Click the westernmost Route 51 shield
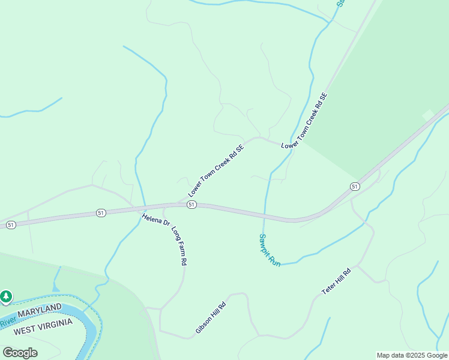click(11, 224)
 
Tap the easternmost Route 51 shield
click(355, 187)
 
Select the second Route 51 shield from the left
click(101, 213)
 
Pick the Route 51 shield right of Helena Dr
click(191, 205)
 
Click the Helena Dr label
click(156, 219)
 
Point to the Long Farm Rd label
click(179, 246)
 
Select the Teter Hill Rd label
click(336, 280)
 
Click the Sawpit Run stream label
click(270, 250)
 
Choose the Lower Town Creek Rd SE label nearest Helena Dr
click(216, 171)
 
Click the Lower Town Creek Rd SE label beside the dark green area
click(305, 121)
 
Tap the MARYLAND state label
click(40, 311)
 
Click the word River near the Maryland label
click(7, 323)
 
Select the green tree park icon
click(6, 296)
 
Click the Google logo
click(20, 352)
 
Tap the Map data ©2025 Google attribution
click(412, 355)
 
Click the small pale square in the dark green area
click(428, 115)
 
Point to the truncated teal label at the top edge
click(340, 3)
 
